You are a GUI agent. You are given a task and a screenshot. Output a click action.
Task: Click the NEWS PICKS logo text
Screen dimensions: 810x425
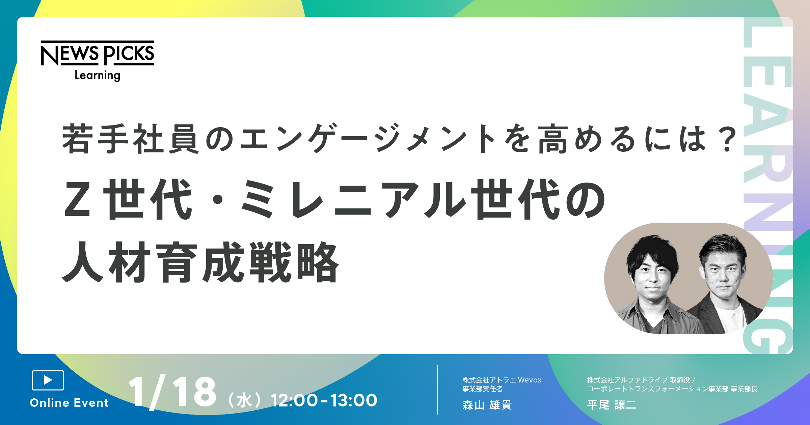[98, 53]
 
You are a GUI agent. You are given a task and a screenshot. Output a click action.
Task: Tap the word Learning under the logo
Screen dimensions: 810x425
[98, 75]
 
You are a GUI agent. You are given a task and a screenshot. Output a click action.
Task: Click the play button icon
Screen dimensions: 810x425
[48, 380]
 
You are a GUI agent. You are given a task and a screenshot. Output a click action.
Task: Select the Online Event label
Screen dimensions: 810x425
[69, 403]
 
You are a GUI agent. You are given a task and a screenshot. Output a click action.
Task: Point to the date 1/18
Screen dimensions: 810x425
[172, 392]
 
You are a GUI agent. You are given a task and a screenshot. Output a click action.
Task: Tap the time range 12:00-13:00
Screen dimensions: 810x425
[324, 400]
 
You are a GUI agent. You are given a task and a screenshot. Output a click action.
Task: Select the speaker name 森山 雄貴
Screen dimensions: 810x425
[487, 405]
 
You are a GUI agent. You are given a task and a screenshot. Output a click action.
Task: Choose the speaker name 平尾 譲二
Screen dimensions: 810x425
[612, 405]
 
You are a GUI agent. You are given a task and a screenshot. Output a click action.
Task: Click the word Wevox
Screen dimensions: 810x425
[530, 380]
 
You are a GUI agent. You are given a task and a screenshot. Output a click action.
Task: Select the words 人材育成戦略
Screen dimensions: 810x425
[200, 262]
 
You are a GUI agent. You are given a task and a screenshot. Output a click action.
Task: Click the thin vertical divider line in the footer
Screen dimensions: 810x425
[437, 390]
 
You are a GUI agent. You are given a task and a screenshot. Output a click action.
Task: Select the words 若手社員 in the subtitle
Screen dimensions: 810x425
[130, 139]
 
